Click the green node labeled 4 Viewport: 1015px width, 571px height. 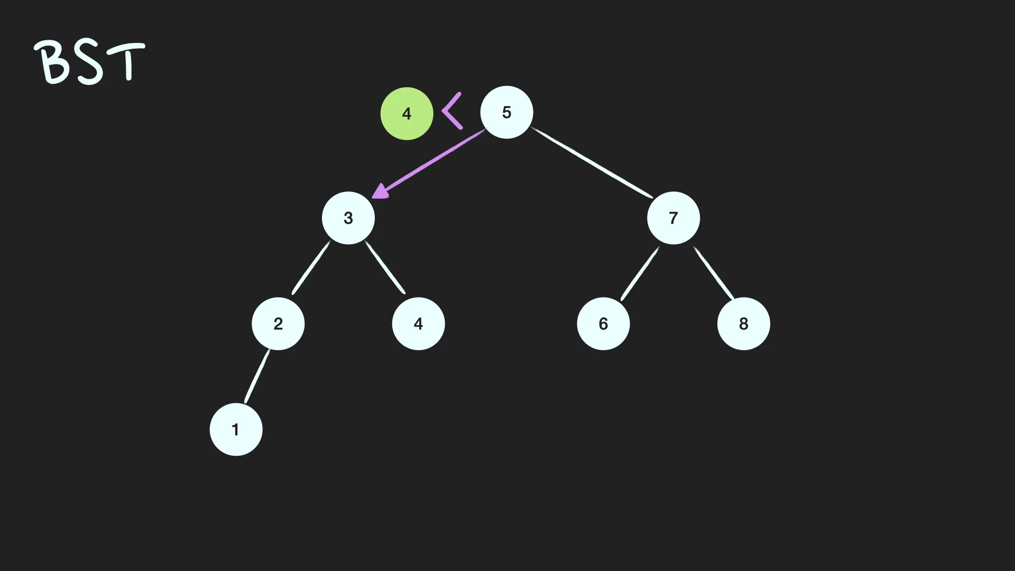(x=407, y=114)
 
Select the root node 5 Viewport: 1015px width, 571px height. (x=506, y=112)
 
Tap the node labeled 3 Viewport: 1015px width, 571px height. (x=348, y=218)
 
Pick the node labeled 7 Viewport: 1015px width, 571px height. (x=673, y=218)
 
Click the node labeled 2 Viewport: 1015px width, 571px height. (x=278, y=324)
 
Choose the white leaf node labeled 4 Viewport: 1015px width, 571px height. (x=418, y=324)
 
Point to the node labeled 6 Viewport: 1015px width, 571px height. (x=603, y=324)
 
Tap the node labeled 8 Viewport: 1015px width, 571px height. (x=743, y=324)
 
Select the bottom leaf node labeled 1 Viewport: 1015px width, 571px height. (x=236, y=429)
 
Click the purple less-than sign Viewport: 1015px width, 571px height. (x=451, y=111)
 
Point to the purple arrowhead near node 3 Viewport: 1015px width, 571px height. (x=380, y=191)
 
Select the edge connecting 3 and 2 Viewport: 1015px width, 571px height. (x=311, y=268)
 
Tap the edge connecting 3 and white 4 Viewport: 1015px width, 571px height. (x=385, y=268)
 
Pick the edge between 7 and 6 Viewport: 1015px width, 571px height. (x=640, y=273)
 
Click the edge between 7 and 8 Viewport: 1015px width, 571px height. (x=714, y=273)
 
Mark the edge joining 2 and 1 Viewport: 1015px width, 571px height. (x=257, y=376)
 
